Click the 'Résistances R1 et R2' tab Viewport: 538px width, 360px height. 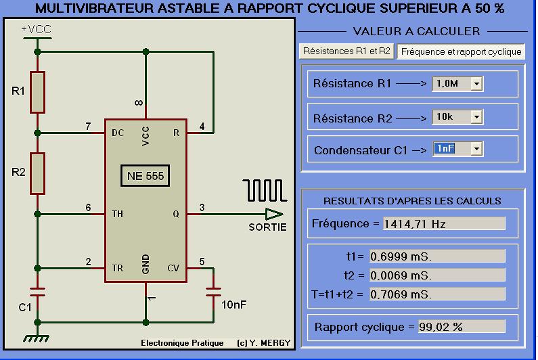(346, 51)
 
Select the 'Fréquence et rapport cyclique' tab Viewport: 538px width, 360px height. (460, 51)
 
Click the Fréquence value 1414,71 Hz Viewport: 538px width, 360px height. (443, 224)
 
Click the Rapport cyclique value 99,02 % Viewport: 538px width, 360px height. (462, 327)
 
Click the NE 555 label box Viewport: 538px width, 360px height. (145, 177)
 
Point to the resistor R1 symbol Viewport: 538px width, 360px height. (38, 91)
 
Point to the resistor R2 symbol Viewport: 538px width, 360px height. (38, 173)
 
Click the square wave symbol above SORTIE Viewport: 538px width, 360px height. (264, 190)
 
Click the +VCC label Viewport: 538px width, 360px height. (35, 30)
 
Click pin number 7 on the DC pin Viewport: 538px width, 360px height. (88, 127)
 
